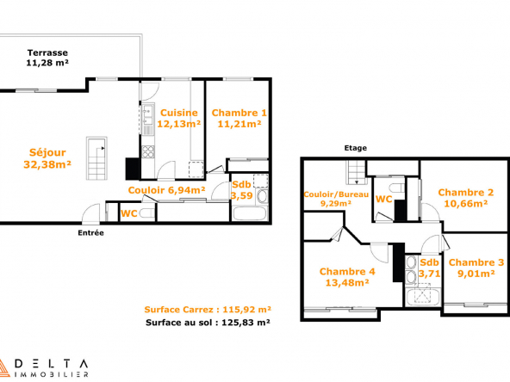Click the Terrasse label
tap(47, 58)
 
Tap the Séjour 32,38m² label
tap(47, 158)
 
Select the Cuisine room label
tap(178, 118)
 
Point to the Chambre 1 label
tap(239, 118)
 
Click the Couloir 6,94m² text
tap(166, 190)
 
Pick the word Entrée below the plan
tap(90, 232)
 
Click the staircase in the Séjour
tap(96, 158)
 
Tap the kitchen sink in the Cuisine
tap(148, 115)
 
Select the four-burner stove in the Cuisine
tap(148, 151)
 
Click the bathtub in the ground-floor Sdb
tap(250, 213)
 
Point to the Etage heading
tap(356, 148)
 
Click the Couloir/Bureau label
tap(336, 199)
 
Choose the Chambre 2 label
tap(466, 198)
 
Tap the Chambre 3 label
tap(476, 268)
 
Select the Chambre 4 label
tap(347, 277)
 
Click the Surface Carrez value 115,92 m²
tap(247, 309)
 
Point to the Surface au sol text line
tap(208, 323)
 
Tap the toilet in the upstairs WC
tap(396, 188)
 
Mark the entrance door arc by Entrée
tap(90, 213)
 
